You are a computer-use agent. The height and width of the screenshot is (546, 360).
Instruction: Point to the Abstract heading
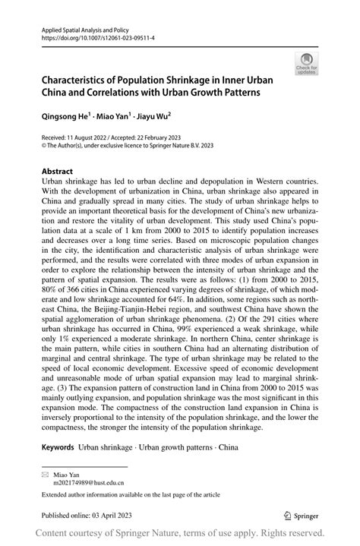[x=58, y=172]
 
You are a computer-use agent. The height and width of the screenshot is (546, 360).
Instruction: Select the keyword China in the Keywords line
[x=228, y=447]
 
